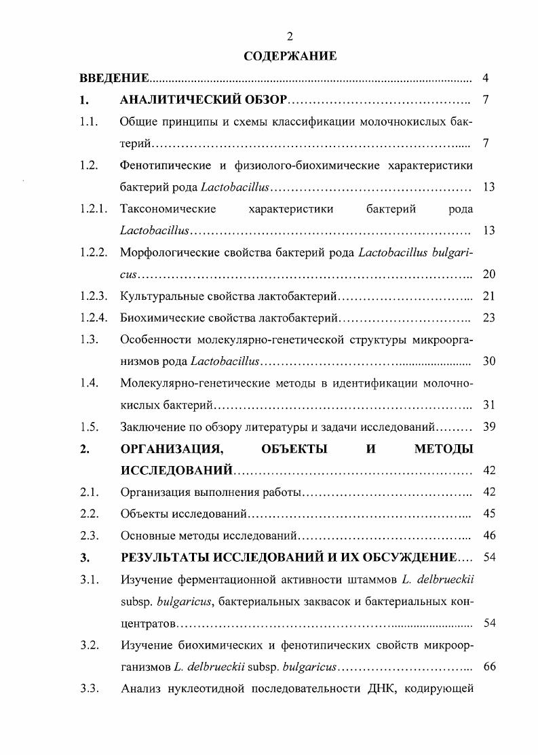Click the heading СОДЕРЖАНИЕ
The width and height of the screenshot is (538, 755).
[290, 56]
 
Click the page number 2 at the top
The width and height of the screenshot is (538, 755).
[290, 36]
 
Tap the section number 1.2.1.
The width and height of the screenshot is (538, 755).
[92, 209]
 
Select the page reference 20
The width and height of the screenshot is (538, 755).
[488, 274]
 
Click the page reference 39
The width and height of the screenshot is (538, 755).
[488, 427]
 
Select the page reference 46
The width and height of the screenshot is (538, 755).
[488, 536]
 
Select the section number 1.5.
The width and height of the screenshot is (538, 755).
[88, 427]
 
